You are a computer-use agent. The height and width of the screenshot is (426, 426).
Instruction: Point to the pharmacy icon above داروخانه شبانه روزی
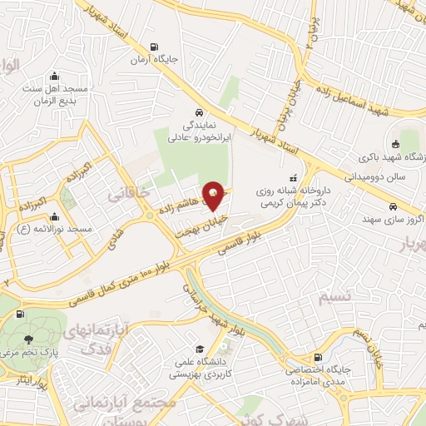[291, 178]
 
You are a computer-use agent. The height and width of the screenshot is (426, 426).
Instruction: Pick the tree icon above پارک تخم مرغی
[30, 339]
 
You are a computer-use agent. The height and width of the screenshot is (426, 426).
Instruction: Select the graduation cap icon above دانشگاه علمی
[199, 349]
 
